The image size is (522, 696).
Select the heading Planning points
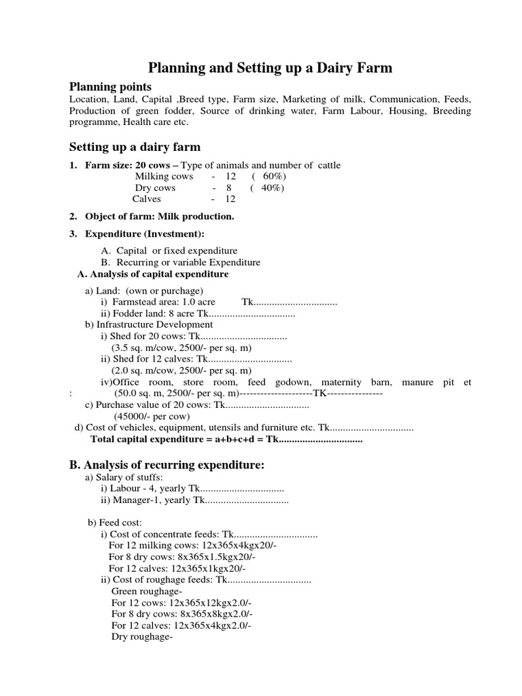coord(111,86)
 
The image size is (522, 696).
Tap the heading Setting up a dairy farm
coord(135,147)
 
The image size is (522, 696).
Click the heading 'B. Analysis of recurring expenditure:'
coord(167,465)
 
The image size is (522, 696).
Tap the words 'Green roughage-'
coord(142,591)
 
